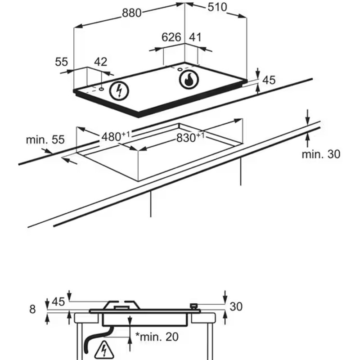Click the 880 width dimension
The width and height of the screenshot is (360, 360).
tap(132, 13)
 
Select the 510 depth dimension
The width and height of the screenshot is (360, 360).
tap(217, 7)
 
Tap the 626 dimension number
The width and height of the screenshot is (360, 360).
tap(171, 37)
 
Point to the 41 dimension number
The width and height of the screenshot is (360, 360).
tap(194, 37)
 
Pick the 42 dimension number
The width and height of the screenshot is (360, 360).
tap(101, 62)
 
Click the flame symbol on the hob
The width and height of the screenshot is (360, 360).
tap(189, 80)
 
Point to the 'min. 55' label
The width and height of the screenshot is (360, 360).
tap(45, 139)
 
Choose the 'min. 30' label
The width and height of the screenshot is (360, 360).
tap(321, 154)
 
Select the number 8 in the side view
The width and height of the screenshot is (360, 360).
tap(32, 309)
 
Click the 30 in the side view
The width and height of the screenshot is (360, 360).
tap(236, 306)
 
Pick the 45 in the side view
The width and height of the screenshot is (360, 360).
tap(58, 301)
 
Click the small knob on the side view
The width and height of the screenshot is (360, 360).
tap(194, 306)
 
